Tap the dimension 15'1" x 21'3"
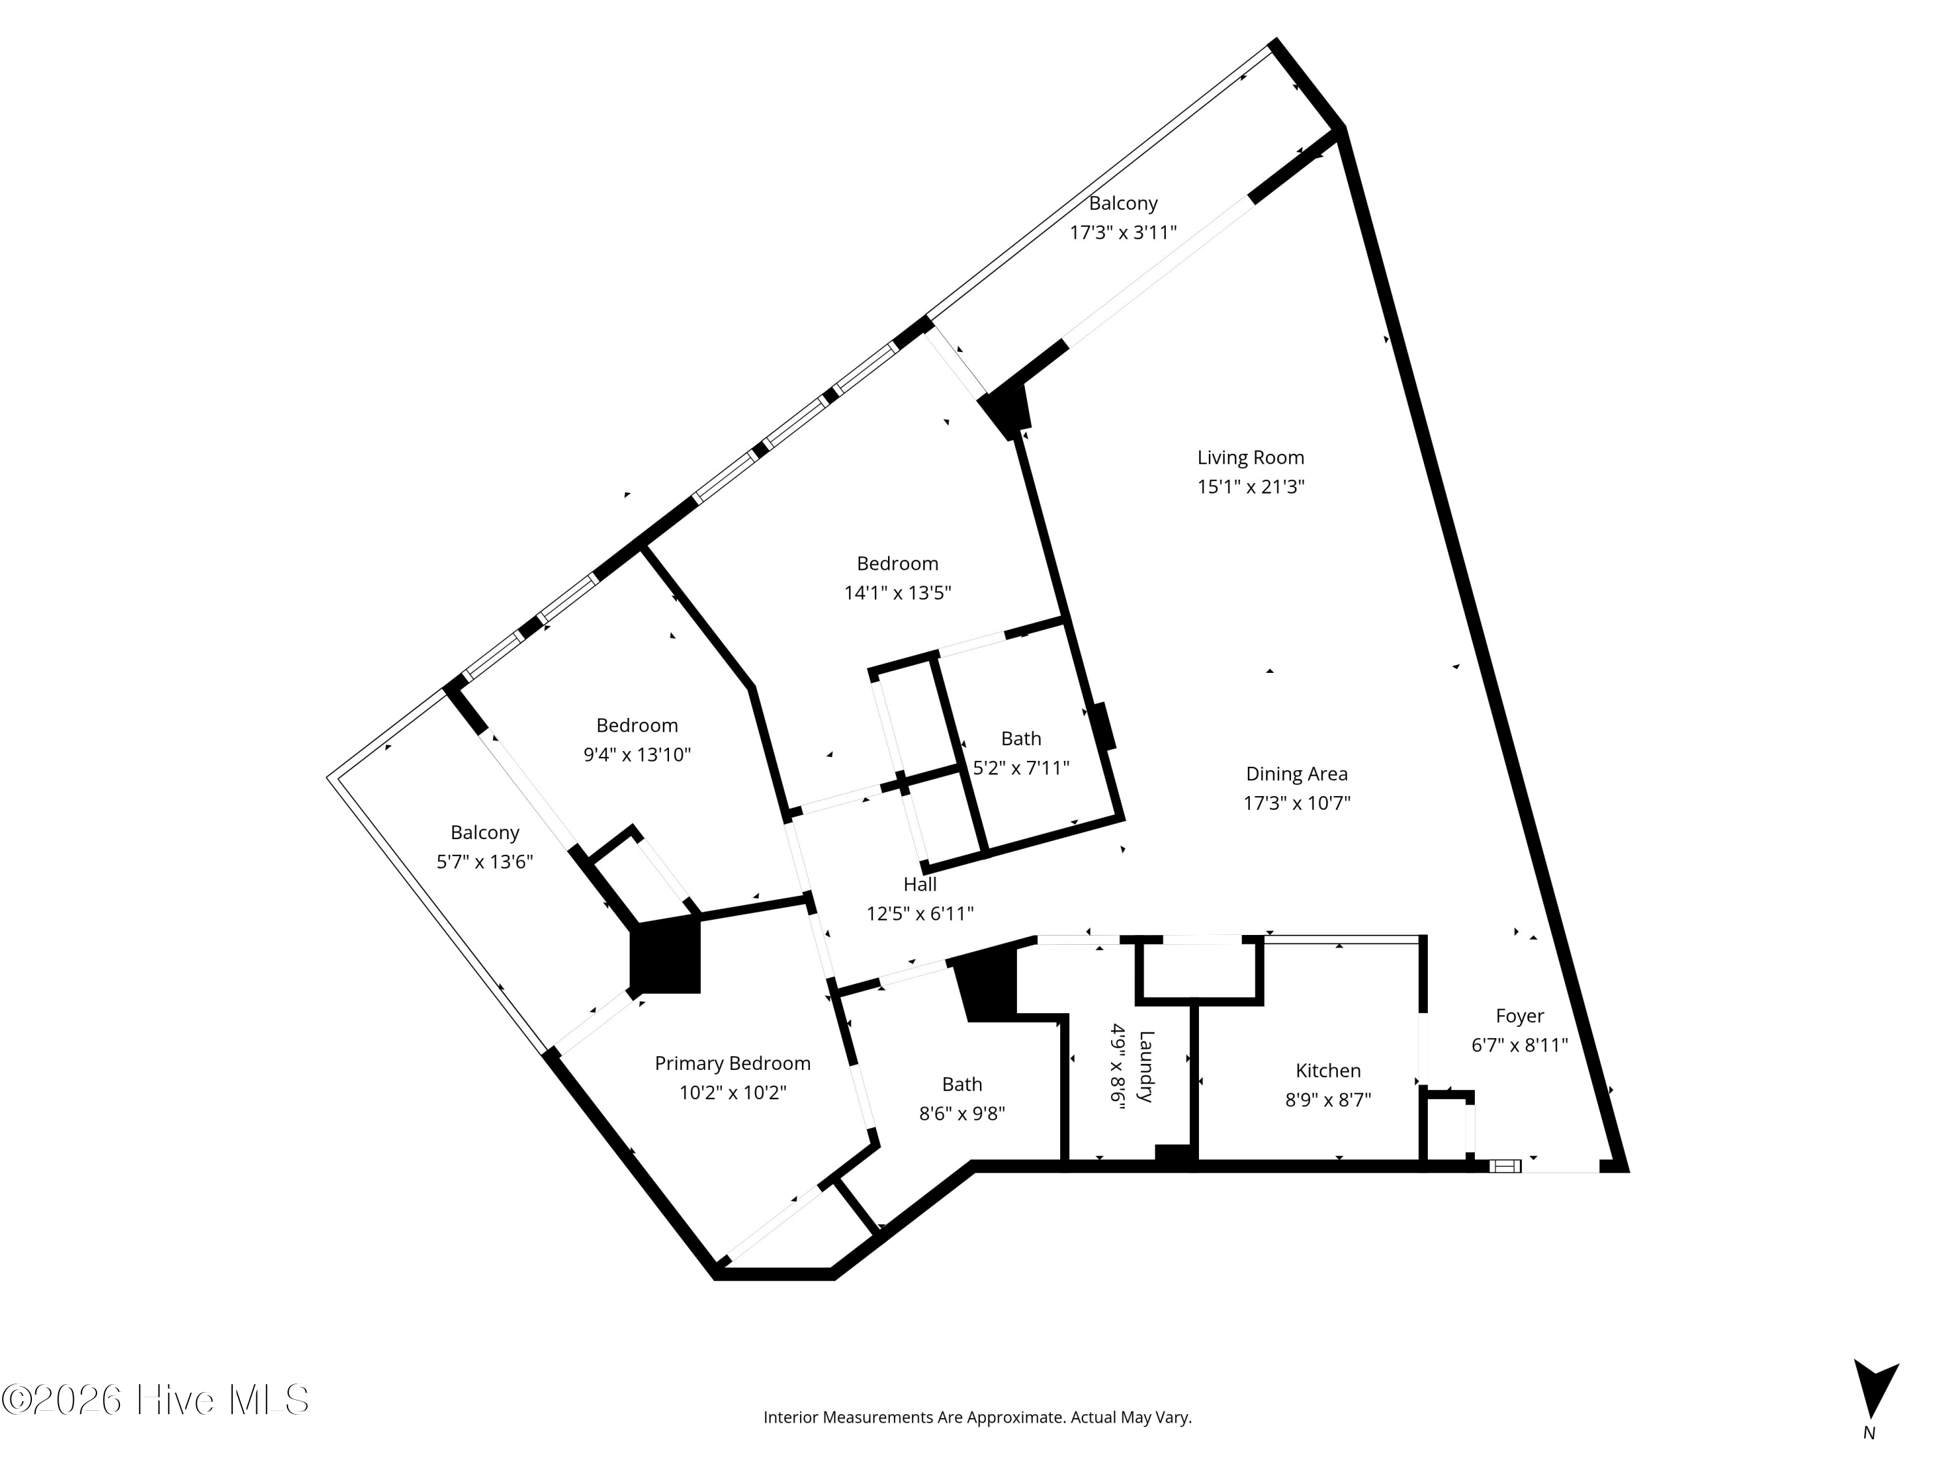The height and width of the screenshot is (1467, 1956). [x=1251, y=486]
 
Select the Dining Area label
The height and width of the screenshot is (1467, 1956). [x=1296, y=774]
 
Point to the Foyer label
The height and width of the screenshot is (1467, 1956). [x=1519, y=1016]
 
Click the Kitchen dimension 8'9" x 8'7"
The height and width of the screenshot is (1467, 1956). [x=1327, y=1100]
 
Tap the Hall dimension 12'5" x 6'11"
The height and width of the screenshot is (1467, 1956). [x=919, y=913]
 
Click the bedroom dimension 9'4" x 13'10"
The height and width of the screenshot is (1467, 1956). [x=636, y=754]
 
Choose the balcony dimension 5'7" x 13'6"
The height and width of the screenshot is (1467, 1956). [x=484, y=861]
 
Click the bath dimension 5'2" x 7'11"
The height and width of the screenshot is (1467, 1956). [x=1020, y=767]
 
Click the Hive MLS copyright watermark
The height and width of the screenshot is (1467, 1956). [x=156, y=1400]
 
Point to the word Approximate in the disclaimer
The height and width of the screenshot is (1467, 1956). [x=1015, y=1417]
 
